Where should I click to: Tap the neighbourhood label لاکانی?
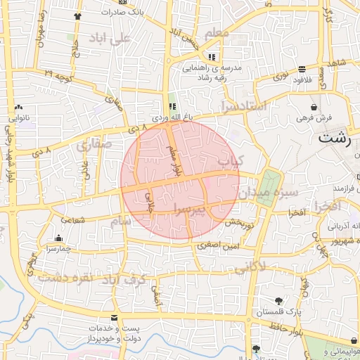point(248,268)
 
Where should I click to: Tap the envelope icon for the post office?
point(115,319)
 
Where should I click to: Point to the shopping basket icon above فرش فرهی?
point(314,107)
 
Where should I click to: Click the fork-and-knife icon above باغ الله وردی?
point(173,107)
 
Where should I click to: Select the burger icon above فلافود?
point(302,69)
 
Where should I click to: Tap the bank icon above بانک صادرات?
point(124,2)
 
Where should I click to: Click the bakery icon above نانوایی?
point(19,108)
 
